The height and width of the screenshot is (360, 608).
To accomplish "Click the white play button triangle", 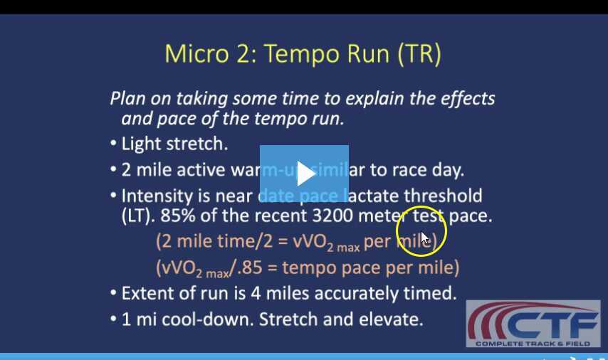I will tap(305, 174).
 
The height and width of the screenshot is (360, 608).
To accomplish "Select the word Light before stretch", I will tap(142, 144).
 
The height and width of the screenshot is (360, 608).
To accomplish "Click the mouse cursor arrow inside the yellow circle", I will tap(424, 238).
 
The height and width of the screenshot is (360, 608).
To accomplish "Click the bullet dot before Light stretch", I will tap(114, 144).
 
